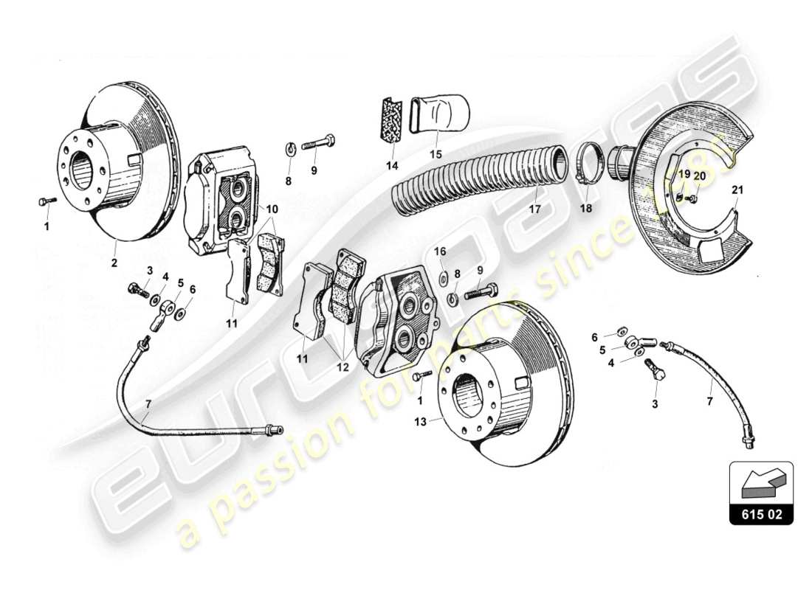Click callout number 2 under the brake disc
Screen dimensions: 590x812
point(114,262)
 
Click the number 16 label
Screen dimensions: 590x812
point(440,251)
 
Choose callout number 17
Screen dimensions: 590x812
point(534,209)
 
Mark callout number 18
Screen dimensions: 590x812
point(585,209)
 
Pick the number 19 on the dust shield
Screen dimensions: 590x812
point(684,174)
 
